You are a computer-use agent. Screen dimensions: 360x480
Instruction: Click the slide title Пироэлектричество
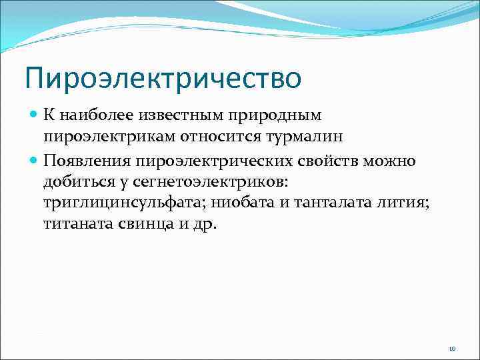coord(163,79)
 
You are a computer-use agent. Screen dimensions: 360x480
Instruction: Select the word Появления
coord(87,160)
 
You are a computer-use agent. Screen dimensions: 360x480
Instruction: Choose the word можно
coord(393,160)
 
